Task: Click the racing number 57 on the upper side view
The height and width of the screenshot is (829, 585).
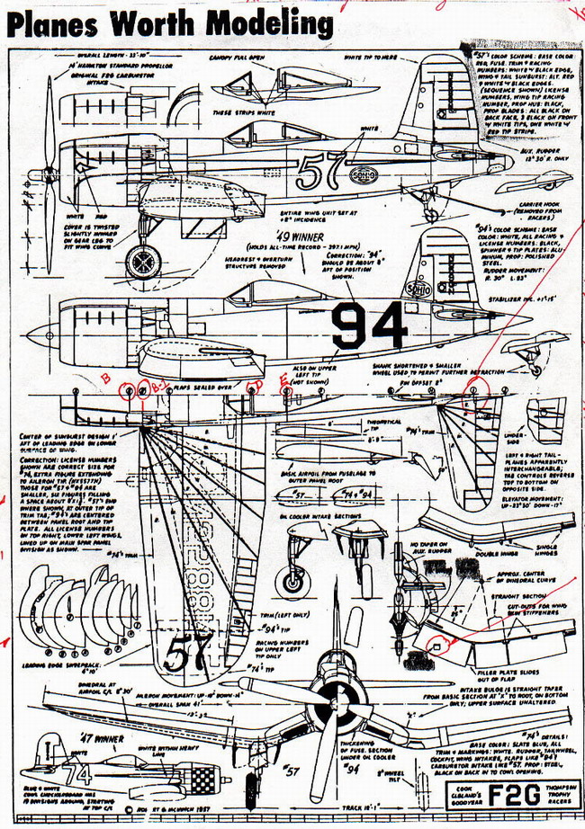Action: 313,168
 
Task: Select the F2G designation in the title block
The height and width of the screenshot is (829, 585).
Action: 504,797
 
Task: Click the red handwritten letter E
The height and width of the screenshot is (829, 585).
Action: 284,378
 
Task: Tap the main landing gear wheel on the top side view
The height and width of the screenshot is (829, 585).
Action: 139,262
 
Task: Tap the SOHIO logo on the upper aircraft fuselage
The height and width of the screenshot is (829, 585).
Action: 361,173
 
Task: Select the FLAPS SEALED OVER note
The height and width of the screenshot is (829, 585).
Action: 208,389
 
